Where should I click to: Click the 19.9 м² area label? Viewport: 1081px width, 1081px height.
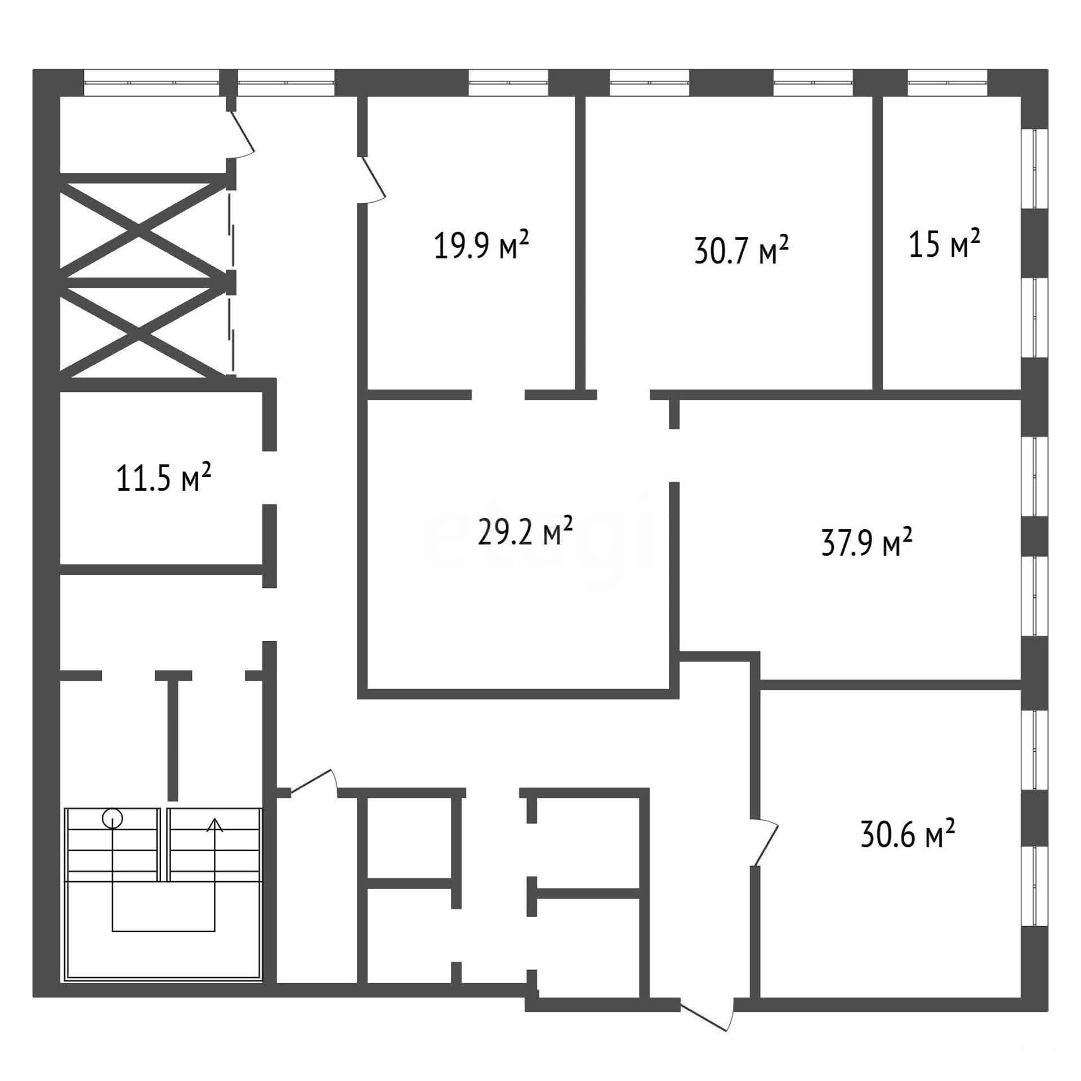[481, 246]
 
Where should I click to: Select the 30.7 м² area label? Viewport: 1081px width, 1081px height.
[741, 249]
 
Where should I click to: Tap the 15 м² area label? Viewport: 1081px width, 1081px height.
[945, 243]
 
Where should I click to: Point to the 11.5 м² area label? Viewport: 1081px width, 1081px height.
[164, 477]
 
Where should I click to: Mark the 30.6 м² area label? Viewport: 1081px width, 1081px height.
[908, 834]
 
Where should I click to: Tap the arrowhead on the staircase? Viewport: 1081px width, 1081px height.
[215, 825]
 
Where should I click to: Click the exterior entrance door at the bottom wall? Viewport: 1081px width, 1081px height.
[708, 1013]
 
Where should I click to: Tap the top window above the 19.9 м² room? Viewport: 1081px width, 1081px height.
[508, 83]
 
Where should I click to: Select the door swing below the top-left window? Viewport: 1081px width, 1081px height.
[241, 134]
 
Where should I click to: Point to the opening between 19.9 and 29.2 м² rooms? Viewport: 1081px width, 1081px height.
[498, 394]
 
